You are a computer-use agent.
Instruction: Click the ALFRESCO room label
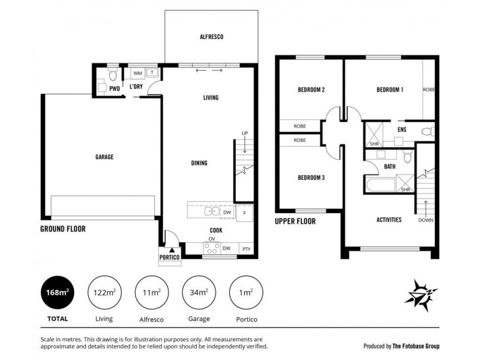[211, 37]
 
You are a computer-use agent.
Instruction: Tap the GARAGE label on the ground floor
[104, 157]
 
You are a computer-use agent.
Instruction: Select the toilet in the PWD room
[113, 74]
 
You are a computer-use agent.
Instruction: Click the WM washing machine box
[138, 73]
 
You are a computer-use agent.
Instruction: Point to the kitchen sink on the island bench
[212, 211]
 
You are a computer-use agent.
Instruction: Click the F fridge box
[245, 213]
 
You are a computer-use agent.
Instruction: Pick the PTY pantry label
[247, 249]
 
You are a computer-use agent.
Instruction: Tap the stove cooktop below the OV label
[212, 248]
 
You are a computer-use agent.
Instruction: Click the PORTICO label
[169, 257]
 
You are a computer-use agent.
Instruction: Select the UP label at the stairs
[245, 133]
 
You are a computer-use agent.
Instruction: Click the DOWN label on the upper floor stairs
[426, 220]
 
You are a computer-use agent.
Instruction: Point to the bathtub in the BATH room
[380, 185]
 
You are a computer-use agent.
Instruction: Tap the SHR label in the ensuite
[374, 143]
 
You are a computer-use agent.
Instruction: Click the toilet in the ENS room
[428, 132]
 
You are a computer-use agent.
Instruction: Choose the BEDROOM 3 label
[311, 178]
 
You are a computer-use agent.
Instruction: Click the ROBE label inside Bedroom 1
[428, 89]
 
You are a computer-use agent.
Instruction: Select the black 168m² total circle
[58, 293]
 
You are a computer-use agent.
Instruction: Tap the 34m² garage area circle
[199, 293]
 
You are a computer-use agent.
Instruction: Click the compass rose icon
[421, 295]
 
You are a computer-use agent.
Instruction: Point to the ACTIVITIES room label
[389, 220]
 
